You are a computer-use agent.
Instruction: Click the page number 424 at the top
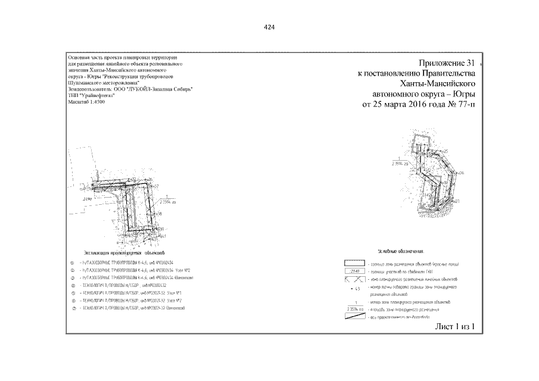click(269, 28)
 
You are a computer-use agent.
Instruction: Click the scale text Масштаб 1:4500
click(87, 102)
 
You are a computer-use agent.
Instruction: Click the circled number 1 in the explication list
click(72, 263)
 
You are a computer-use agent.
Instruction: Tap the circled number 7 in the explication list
click(72, 308)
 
